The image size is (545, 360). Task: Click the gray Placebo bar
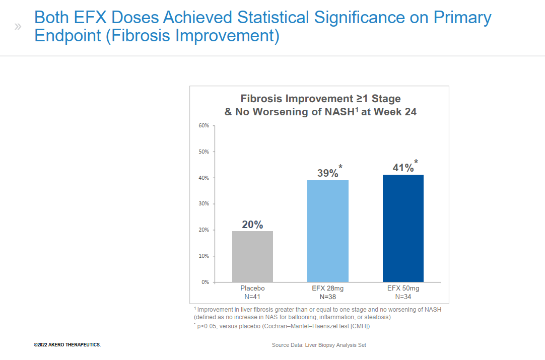click(x=252, y=256)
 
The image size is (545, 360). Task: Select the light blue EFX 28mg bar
click(x=327, y=231)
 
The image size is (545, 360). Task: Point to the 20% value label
click(x=252, y=225)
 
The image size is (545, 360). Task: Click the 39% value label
click(x=327, y=173)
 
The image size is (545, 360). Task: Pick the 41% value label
click(x=402, y=168)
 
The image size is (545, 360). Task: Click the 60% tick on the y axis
click(x=203, y=125)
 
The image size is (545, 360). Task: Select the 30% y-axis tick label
click(x=203, y=204)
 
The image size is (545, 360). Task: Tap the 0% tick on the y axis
click(x=205, y=282)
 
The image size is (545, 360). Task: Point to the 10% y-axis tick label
click(x=203, y=256)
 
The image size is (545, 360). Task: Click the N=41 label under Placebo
click(x=252, y=297)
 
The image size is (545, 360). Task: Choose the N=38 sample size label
click(x=327, y=297)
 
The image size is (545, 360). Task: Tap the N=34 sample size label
click(x=403, y=297)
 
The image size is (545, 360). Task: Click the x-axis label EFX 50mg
click(x=403, y=289)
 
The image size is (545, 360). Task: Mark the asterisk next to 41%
click(x=416, y=162)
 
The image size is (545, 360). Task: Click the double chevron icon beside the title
click(x=18, y=26)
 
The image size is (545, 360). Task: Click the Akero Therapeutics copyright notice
click(x=67, y=345)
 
